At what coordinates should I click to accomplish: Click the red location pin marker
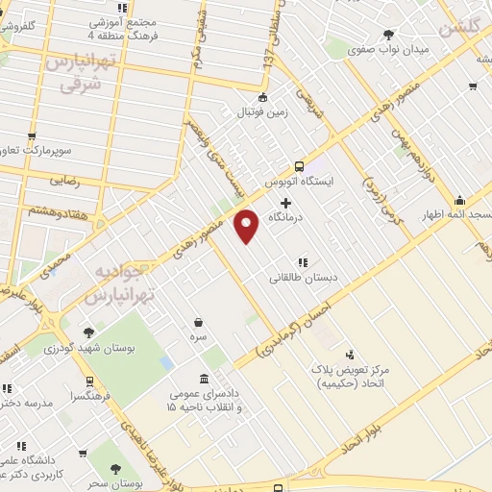click(x=247, y=225)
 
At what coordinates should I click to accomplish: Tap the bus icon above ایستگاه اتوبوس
click(x=299, y=165)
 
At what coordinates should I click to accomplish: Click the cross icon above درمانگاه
click(x=286, y=202)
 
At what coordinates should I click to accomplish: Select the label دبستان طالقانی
click(x=301, y=277)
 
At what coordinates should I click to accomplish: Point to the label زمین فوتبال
click(x=262, y=112)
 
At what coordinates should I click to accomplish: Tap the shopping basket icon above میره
click(x=198, y=322)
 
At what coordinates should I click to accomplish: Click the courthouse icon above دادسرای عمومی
click(x=203, y=379)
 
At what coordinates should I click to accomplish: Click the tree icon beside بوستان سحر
click(x=116, y=469)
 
